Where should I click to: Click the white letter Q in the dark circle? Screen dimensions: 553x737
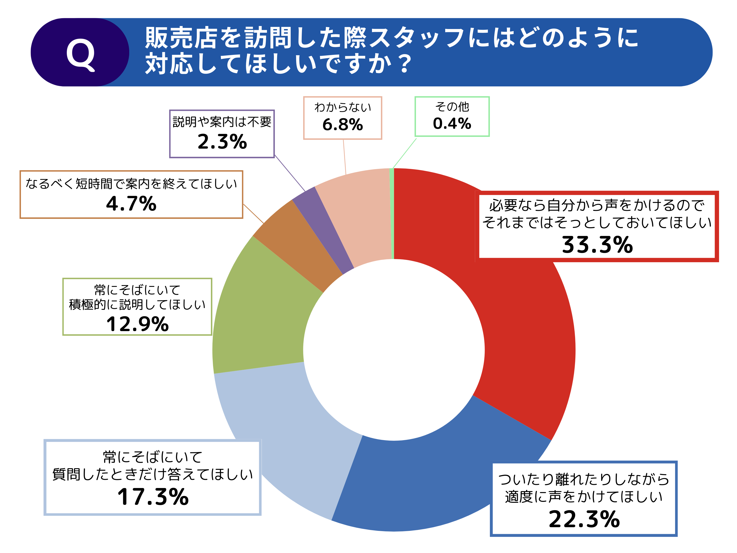pos(81,54)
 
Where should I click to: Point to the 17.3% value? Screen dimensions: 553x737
pos(153,497)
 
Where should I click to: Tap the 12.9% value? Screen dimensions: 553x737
pos(137,324)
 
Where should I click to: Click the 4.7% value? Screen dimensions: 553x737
pos(131,204)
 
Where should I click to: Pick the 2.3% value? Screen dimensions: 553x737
pos(222,142)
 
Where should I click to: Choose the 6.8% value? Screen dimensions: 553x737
pos(342,125)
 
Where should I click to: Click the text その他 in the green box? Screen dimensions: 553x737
pos(452,107)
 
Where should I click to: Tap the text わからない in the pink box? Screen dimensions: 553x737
pos(342,107)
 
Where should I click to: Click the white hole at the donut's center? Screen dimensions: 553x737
pos(394,350)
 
